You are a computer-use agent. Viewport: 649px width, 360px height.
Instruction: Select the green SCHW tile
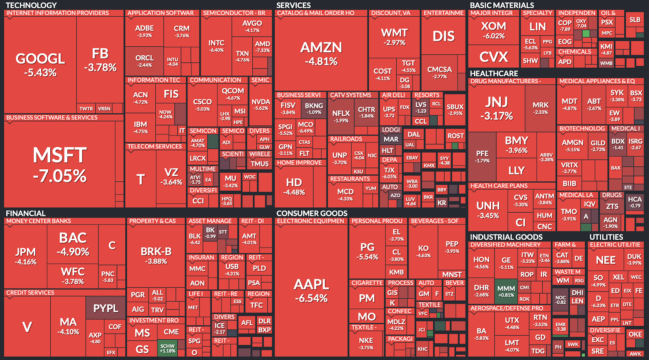click(x=167, y=348)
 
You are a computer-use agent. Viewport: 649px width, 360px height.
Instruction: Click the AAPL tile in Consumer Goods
click(x=311, y=290)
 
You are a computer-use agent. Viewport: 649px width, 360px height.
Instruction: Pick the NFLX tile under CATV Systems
click(x=341, y=116)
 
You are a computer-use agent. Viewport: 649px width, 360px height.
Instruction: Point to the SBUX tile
click(x=455, y=109)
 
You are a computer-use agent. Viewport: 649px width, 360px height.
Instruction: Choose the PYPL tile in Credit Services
click(x=105, y=308)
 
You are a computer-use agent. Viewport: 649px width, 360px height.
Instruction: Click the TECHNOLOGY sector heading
click(x=31, y=5)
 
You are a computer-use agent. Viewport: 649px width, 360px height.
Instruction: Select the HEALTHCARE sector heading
click(x=494, y=73)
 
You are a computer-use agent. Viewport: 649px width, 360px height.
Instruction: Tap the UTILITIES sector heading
click(x=606, y=237)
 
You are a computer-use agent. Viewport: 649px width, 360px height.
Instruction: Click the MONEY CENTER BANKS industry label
click(x=39, y=221)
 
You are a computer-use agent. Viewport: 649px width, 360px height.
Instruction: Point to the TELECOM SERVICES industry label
click(x=155, y=147)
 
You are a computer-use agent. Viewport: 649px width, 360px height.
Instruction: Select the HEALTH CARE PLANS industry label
click(x=499, y=186)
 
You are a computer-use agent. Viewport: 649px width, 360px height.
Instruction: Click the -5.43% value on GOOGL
click(x=40, y=73)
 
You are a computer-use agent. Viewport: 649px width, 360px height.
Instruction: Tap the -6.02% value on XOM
click(x=494, y=36)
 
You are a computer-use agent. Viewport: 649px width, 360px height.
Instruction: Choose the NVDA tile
click(x=260, y=104)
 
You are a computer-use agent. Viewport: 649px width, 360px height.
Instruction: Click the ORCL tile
click(x=144, y=60)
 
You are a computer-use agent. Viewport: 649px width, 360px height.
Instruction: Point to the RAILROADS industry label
click(x=346, y=139)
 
